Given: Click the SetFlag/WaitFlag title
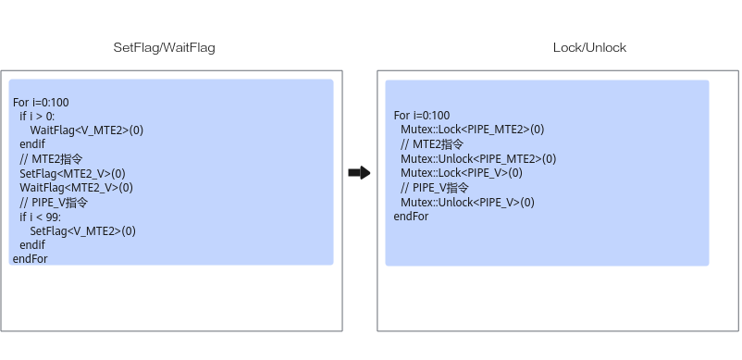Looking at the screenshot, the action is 164,47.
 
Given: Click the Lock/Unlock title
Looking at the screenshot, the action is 589,47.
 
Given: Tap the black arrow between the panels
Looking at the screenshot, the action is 359,173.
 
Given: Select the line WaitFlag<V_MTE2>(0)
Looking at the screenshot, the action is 87,130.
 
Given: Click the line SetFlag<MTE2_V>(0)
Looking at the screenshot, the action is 72,174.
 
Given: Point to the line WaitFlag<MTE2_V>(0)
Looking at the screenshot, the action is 76,188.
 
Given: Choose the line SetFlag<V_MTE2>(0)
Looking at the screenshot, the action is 83,230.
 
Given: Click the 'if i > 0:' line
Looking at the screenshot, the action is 37,116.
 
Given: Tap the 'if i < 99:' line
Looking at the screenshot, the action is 40,217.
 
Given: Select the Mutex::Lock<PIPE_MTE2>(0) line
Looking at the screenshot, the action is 472,130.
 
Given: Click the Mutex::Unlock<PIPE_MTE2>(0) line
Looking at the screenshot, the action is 478,158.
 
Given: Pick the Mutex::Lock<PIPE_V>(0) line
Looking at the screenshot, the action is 462,173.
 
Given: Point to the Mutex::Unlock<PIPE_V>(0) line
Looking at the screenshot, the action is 467,202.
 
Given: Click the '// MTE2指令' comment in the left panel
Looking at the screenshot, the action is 51,158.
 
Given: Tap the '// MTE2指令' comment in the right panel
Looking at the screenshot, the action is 432,143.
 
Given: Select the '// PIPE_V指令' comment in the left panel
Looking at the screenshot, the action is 54,203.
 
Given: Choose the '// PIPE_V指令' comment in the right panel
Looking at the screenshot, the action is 435,187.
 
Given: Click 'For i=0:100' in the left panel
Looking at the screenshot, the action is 41,102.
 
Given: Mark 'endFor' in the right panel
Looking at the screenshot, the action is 411,217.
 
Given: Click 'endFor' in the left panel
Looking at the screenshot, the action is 31,258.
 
